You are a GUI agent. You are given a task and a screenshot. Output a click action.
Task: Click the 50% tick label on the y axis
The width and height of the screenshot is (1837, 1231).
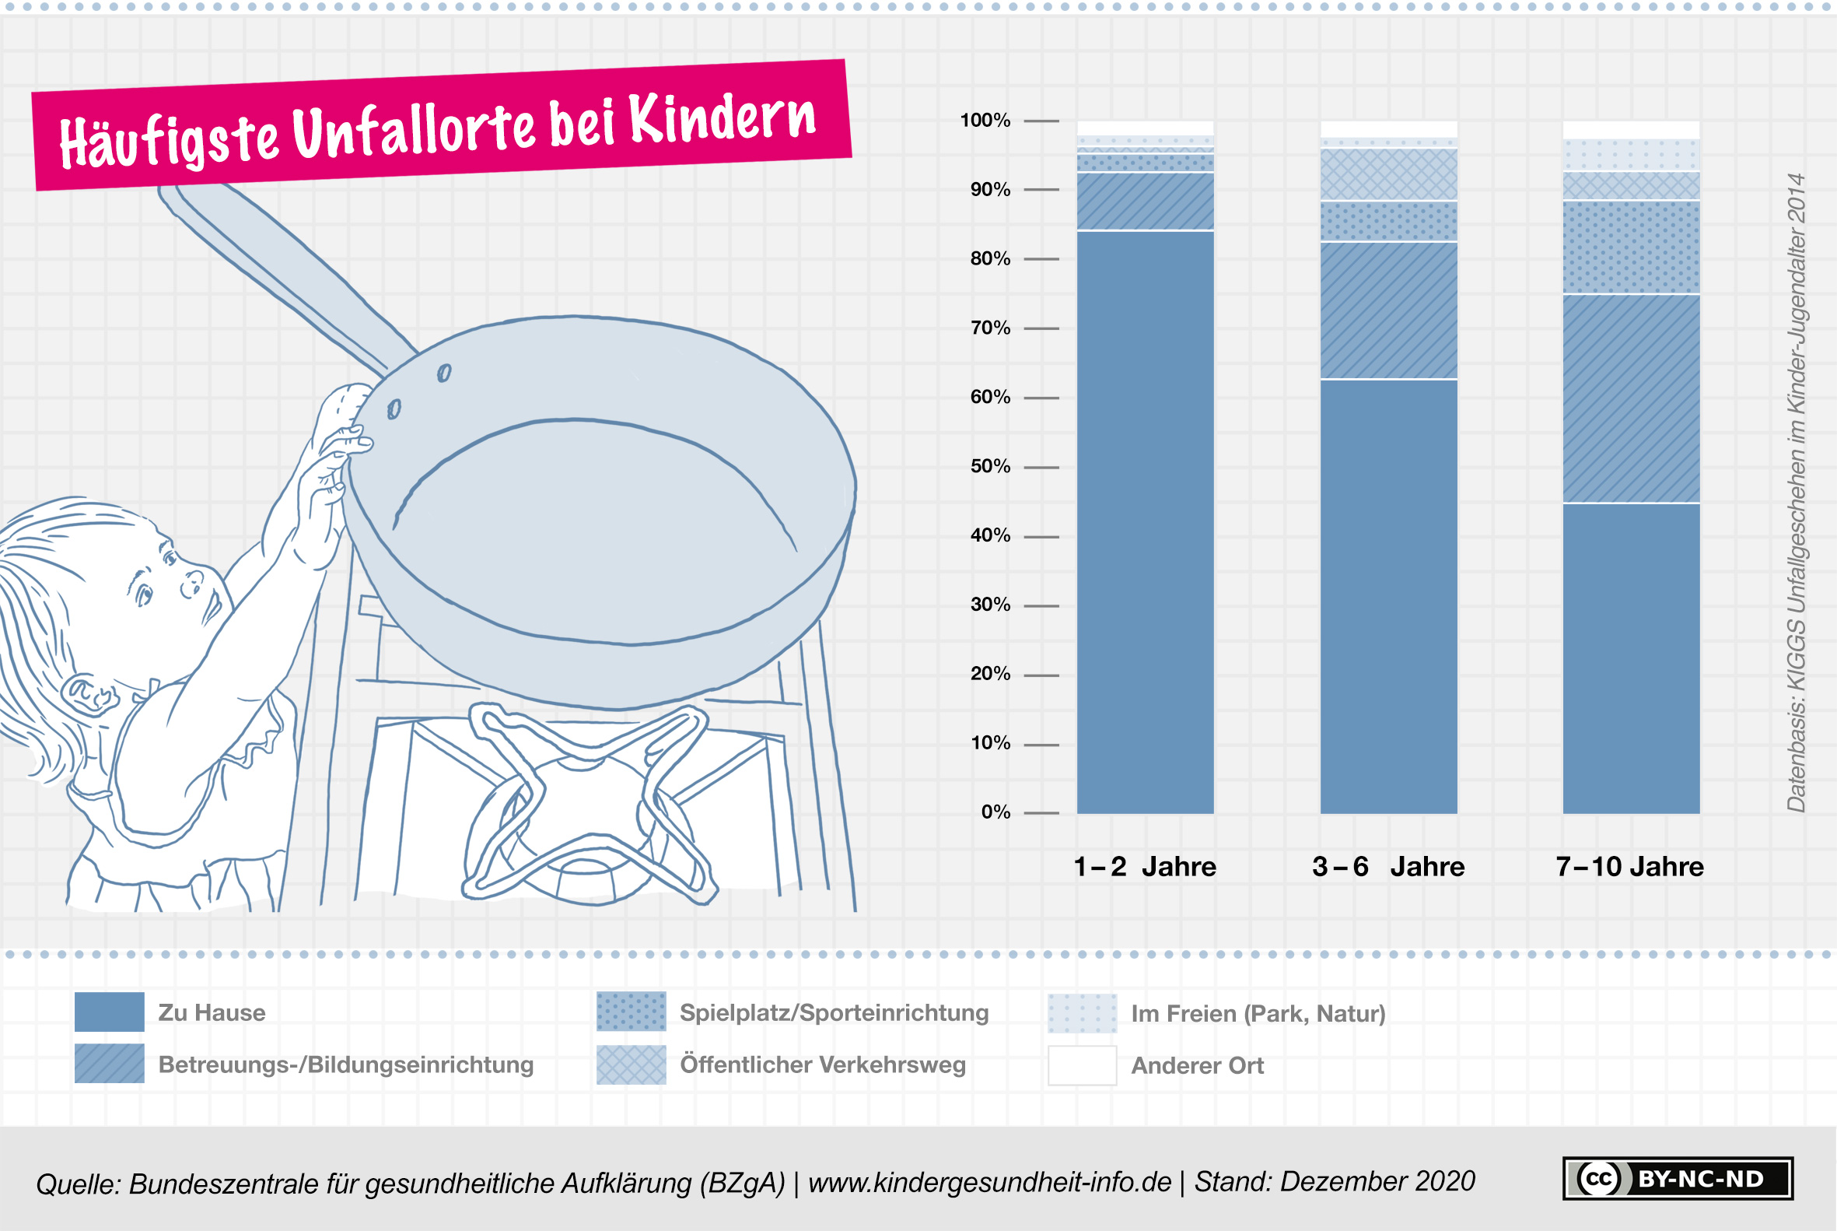click(x=989, y=466)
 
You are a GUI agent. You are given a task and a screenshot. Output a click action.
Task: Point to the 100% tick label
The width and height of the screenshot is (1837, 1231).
click(x=985, y=120)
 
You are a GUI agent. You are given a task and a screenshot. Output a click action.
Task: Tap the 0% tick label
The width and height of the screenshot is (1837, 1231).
click(x=995, y=812)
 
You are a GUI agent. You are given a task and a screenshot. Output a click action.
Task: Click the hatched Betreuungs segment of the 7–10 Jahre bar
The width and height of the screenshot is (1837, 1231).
click(x=1631, y=399)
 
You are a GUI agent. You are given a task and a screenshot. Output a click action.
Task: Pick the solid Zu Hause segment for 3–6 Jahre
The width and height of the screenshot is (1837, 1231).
click(x=1388, y=597)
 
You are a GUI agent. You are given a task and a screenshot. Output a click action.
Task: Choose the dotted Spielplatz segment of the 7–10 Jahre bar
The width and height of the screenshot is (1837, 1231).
click(x=1631, y=248)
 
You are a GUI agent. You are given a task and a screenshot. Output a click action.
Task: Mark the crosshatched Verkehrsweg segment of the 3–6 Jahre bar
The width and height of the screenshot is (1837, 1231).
click(x=1388, y=174)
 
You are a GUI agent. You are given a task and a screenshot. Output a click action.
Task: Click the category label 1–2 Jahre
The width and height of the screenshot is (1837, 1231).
click(x=1145, y=867)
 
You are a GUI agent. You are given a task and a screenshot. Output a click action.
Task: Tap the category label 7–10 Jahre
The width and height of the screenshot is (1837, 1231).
click(x=1630, y=867)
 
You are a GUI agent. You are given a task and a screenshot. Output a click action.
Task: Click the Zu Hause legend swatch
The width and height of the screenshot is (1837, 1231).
click(x=109, y=1012)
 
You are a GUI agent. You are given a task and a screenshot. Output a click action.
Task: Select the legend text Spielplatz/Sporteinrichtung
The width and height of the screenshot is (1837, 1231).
click(x=834, y=1013)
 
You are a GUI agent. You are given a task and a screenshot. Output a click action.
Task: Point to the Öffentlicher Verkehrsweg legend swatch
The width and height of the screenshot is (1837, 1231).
click(x=631, y=1064)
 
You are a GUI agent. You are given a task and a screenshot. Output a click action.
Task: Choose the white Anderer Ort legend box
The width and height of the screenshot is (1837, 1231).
click(x=1081, y=1065)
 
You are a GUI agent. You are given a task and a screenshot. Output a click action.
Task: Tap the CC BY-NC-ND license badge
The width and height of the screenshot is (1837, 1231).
click(x=1677, y=1178)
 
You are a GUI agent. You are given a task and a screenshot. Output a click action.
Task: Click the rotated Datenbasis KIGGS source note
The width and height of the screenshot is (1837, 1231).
click(x=1796, y=493)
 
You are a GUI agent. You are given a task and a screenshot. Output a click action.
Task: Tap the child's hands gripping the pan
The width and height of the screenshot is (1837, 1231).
click(x=330, y=471)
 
